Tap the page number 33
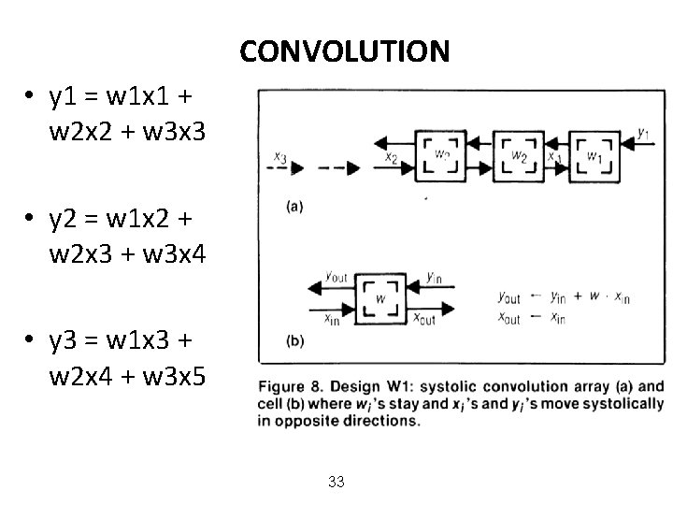(337, 482)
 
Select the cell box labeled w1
(594, 156)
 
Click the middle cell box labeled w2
(518, 156)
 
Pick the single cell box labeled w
(380, 298)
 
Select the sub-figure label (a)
(293, 206)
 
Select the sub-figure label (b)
(294, 341)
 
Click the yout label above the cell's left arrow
(336, 276)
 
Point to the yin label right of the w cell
(434, 276)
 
